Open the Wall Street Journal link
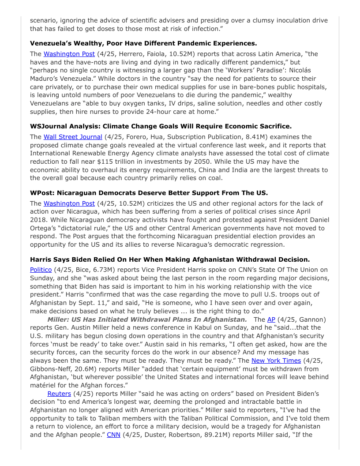click(x=73, y=137)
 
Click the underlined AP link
click(x=271, y=319)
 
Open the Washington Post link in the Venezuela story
click(x=69, y=54)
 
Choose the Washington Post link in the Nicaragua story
click(x=69, y=203)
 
